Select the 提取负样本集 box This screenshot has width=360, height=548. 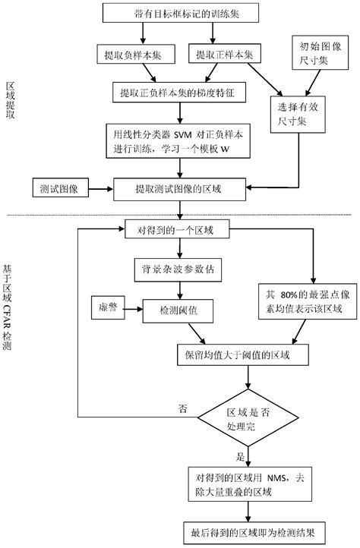coord(133,55)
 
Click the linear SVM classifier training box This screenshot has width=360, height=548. coord(180,140)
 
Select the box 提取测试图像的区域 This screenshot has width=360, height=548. coord(180,187)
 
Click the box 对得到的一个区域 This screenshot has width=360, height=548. coord(180,229)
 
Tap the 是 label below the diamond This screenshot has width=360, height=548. coord(241,458)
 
